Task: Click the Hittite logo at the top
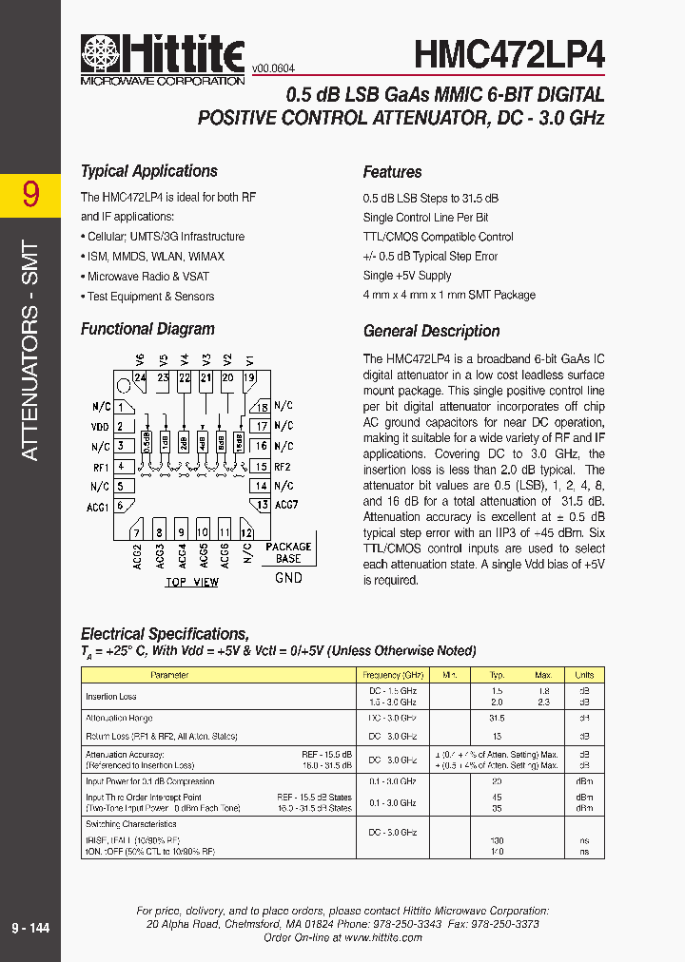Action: pos(163,59)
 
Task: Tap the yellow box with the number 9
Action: pos(30,194)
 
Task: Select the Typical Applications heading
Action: pos(148,171)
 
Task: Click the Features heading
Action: pos(392,172)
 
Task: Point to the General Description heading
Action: pos(431,331)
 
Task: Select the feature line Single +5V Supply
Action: pos(407,276)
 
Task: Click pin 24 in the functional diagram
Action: pos(140,377)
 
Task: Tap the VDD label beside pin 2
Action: pos(100,427)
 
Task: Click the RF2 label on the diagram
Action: pos(283,467)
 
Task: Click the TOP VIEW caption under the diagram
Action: pos(191,582)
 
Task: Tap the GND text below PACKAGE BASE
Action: pos(288,577)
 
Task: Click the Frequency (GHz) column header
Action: pos(392,675)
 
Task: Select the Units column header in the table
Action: pos(583,675)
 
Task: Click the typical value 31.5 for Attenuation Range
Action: pos(496,719)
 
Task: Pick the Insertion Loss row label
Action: pos(111,697)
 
